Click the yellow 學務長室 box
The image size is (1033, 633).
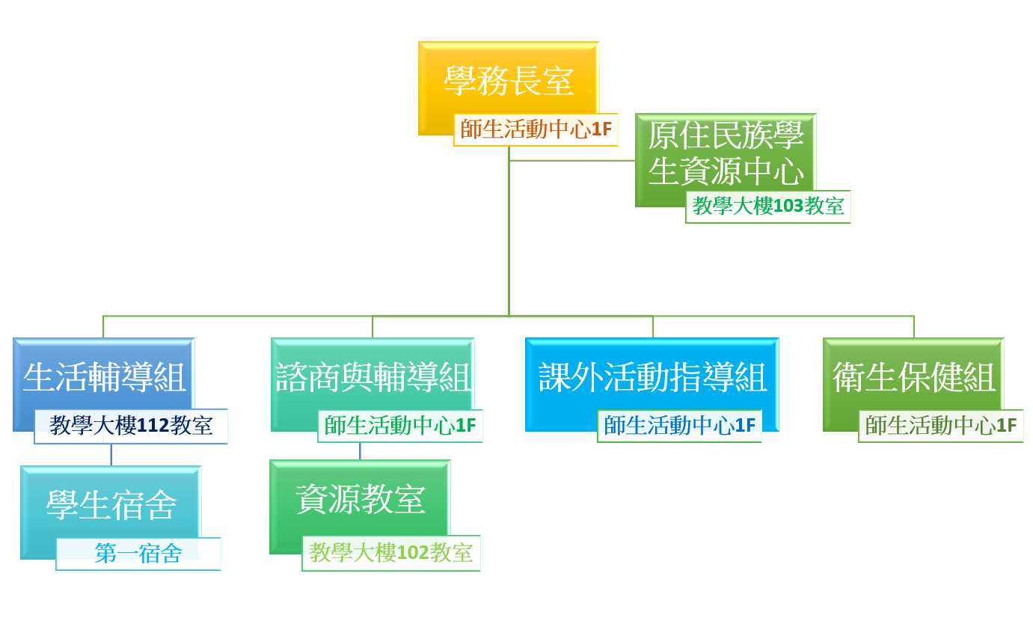509,81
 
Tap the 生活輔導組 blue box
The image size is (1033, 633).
103,377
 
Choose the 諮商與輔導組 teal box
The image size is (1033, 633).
373,377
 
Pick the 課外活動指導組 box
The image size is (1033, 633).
652,377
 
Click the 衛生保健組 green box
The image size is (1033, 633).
913,377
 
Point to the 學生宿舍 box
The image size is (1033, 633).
111,505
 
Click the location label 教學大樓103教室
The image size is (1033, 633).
768,207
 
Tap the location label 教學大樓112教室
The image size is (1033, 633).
131,426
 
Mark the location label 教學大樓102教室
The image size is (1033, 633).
391,553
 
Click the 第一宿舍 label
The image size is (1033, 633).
138,554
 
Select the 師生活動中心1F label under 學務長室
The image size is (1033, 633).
536,129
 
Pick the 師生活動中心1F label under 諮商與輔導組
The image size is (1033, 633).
400,426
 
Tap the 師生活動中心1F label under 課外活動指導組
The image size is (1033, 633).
679,426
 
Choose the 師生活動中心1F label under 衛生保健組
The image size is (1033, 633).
941,426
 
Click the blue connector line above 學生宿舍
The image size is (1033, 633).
111,455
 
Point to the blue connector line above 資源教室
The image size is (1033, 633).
360,451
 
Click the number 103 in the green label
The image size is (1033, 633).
788,207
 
